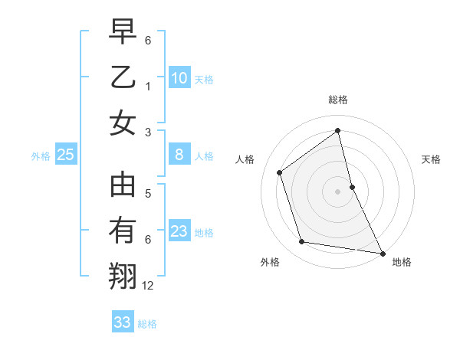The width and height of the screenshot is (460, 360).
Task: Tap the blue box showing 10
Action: point(179,77)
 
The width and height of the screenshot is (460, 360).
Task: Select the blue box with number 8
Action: point(179,155)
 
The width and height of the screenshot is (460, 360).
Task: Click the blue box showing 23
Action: point(179,231)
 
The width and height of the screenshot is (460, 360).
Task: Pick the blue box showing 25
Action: point(66,155)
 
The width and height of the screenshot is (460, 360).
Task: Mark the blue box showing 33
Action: point(123,322)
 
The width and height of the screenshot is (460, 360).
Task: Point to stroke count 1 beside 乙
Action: point(147,87)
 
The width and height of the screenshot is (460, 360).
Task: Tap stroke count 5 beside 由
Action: point(148,194)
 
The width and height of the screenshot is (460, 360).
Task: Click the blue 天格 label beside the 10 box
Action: point(204,79)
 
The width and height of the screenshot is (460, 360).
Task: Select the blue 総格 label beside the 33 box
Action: point(147,324)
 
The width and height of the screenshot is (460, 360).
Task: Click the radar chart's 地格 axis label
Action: point(401,262)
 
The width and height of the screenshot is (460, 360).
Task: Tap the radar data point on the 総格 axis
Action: point(338,130)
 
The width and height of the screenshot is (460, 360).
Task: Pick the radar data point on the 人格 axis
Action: point(280,172)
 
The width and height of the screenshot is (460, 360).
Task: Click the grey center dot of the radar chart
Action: point(338,191)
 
